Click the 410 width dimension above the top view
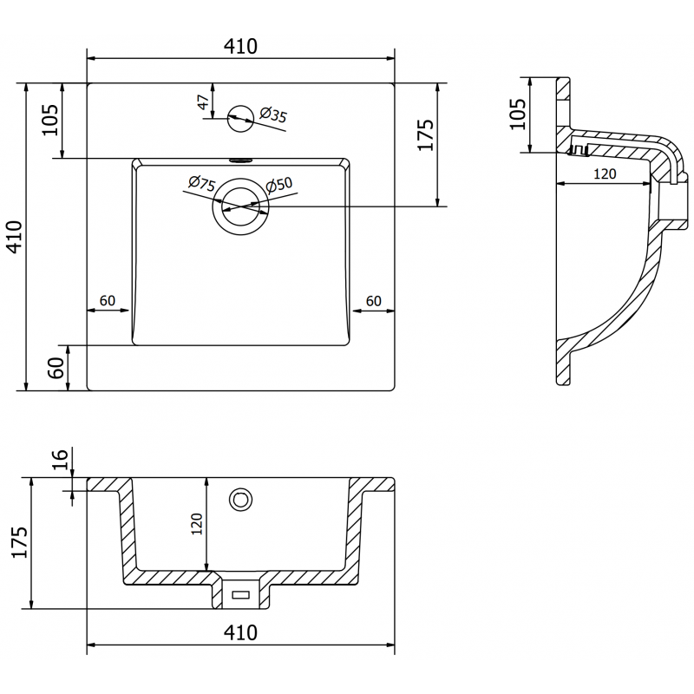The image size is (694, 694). [240, 47]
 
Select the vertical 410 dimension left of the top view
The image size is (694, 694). [15, 237]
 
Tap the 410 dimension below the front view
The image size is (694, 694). [240, 632]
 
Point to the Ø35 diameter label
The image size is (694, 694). [273, 115]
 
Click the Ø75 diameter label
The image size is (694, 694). [201, 183]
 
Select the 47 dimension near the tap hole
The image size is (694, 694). [203, 102]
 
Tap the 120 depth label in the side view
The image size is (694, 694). [605, 173]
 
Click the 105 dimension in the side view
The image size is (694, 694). [517, 114]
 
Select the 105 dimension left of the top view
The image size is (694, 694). [49, 119]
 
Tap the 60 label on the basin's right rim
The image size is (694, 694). [373, 301]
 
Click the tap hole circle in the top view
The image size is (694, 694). [239, 119]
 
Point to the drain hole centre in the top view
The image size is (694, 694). [240, 206]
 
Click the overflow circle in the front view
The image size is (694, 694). [239, 499]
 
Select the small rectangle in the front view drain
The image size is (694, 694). [240, 594]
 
